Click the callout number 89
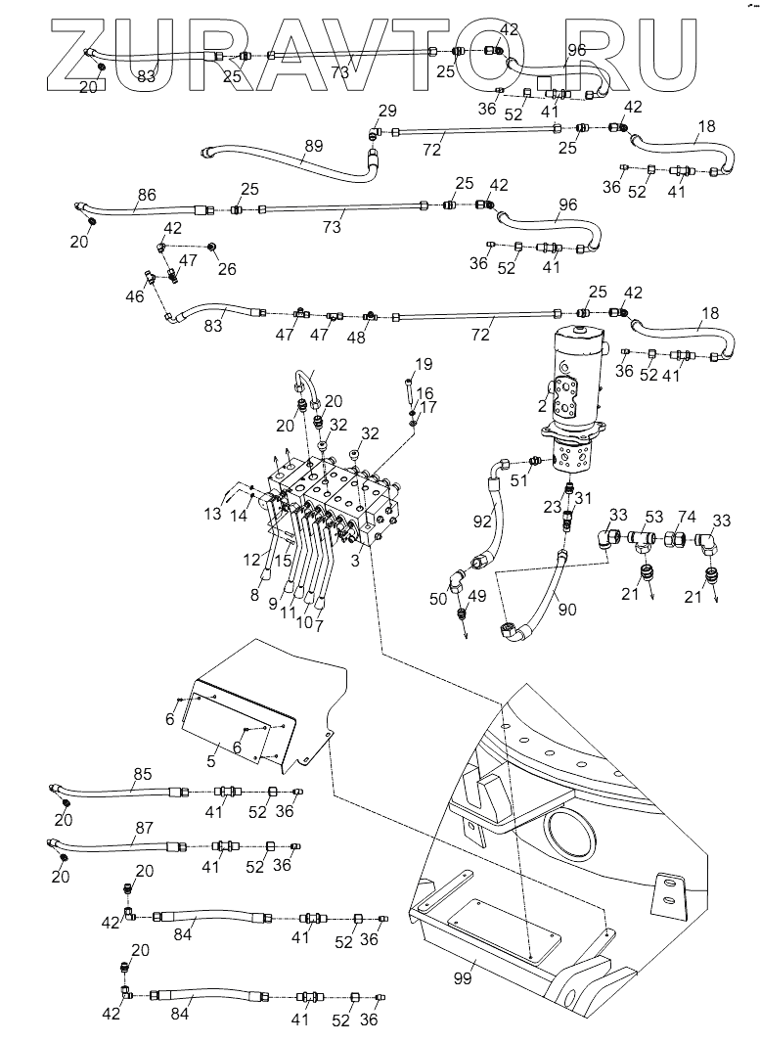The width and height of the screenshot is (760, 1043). click(312, 146)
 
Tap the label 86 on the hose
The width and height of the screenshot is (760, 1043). click(146, 196)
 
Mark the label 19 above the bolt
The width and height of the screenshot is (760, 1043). click(423, 365)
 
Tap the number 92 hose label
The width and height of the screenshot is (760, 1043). click(481, 521)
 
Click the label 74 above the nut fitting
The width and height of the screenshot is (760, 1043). click(687, 518)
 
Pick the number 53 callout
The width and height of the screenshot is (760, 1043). click(653, 518)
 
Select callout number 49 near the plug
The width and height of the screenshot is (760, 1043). click(476, 597)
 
